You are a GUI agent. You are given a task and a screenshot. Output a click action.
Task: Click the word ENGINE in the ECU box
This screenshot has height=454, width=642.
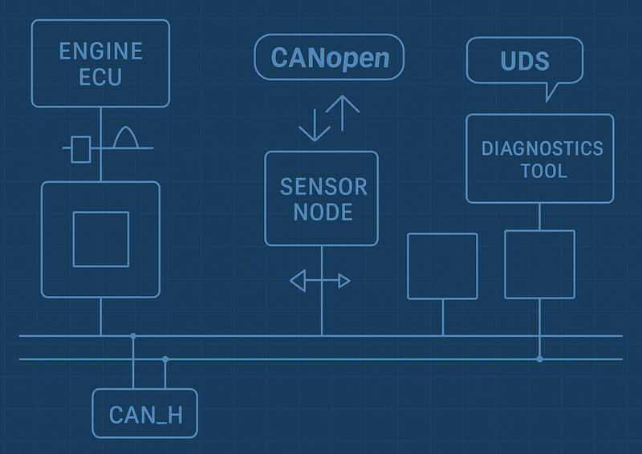tap(100, 52)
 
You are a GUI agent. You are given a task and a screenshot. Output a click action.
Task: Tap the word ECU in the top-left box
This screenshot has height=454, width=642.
tap(100, 79)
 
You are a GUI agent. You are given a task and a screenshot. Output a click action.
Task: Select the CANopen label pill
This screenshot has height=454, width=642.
tap(329, 58)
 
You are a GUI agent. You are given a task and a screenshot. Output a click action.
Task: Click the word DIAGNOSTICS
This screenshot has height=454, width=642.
tap(542, 148)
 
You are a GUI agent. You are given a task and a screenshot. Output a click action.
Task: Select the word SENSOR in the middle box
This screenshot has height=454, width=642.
tap(323, 187)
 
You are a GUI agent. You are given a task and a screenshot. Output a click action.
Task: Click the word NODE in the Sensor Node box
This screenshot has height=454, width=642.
tap(323, 213)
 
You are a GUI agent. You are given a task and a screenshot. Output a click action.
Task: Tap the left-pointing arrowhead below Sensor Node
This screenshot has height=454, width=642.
tap(298, 281)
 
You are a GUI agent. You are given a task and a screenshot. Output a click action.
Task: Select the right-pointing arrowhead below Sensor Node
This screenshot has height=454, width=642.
tap(344, 281)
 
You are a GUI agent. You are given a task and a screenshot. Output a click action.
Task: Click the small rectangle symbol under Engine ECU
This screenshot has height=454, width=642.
tap(80, 149)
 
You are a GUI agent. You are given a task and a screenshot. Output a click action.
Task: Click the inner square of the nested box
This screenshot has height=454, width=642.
tap(100, 239)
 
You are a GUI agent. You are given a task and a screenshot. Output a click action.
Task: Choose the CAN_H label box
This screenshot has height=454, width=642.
tap(144, 413)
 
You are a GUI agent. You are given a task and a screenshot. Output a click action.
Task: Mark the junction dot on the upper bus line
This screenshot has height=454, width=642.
tap(133, 335)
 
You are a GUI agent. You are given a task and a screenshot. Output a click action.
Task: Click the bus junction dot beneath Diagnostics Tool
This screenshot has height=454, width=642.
tap(539, 359)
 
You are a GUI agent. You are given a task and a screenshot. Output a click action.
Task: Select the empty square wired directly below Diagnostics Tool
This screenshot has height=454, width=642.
tap(539, 264)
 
